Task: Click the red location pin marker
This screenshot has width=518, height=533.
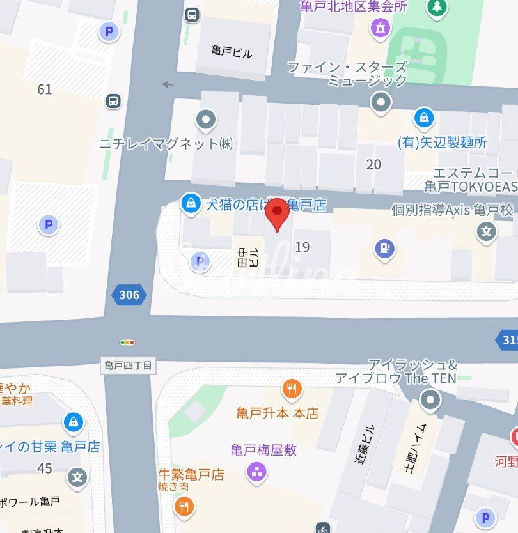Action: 278,215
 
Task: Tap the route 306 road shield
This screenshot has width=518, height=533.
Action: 129,295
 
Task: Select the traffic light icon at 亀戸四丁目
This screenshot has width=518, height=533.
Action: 128,343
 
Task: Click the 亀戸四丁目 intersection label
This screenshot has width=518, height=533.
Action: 129,366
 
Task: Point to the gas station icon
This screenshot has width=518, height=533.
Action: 384,249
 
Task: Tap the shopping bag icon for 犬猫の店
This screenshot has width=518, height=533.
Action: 190,204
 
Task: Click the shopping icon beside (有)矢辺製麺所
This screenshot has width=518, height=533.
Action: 423,118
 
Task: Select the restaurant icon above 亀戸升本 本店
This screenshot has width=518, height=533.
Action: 292,388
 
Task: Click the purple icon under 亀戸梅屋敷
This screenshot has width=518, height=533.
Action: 258,473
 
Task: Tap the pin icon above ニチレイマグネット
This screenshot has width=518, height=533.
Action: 206,119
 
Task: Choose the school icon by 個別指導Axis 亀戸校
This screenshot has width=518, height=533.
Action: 487,232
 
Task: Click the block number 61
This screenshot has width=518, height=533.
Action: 45,89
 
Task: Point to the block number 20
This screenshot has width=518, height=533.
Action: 373,164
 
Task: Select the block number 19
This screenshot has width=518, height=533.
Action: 302,247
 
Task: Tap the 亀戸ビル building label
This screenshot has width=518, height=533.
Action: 232,52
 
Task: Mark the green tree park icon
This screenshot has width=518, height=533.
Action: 437,6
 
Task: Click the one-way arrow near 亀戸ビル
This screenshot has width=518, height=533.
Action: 168,84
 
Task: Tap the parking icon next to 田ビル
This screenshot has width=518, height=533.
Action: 200,261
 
